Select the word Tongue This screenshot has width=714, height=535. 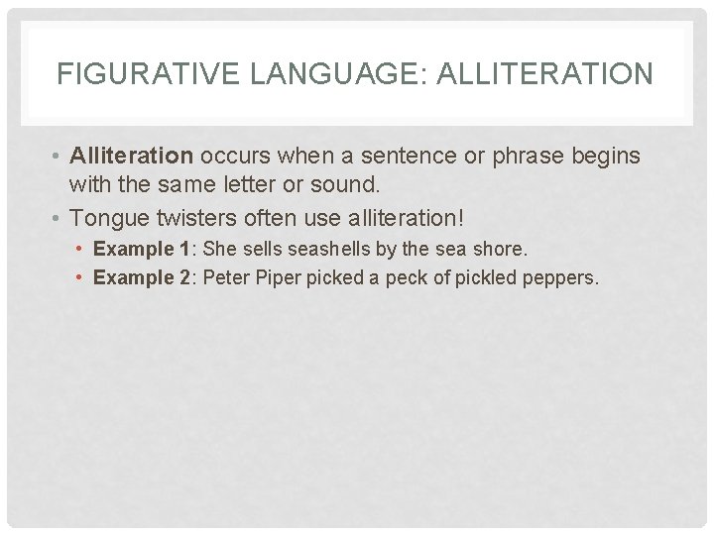click(x=108, y=215)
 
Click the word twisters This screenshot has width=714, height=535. click(x=195, y=215)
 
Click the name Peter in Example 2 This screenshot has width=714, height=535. click(x=226, y=277)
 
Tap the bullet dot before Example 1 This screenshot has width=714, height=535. click(x=79, y=249)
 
